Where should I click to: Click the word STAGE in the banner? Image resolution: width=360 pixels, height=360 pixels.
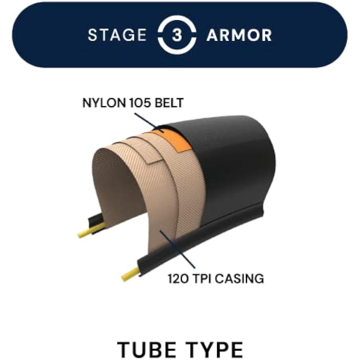coord(117,35)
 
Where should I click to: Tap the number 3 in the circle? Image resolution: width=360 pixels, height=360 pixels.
coord(177,35)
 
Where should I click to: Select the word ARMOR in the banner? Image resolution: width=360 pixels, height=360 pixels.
coord(239,35)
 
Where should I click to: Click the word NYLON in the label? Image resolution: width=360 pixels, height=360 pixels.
coord(104,103)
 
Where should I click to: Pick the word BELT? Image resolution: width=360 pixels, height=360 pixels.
coord(169,103)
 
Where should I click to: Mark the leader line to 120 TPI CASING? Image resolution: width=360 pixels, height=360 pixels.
coord(177,249)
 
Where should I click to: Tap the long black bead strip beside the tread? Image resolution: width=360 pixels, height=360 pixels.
coord(200,239)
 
